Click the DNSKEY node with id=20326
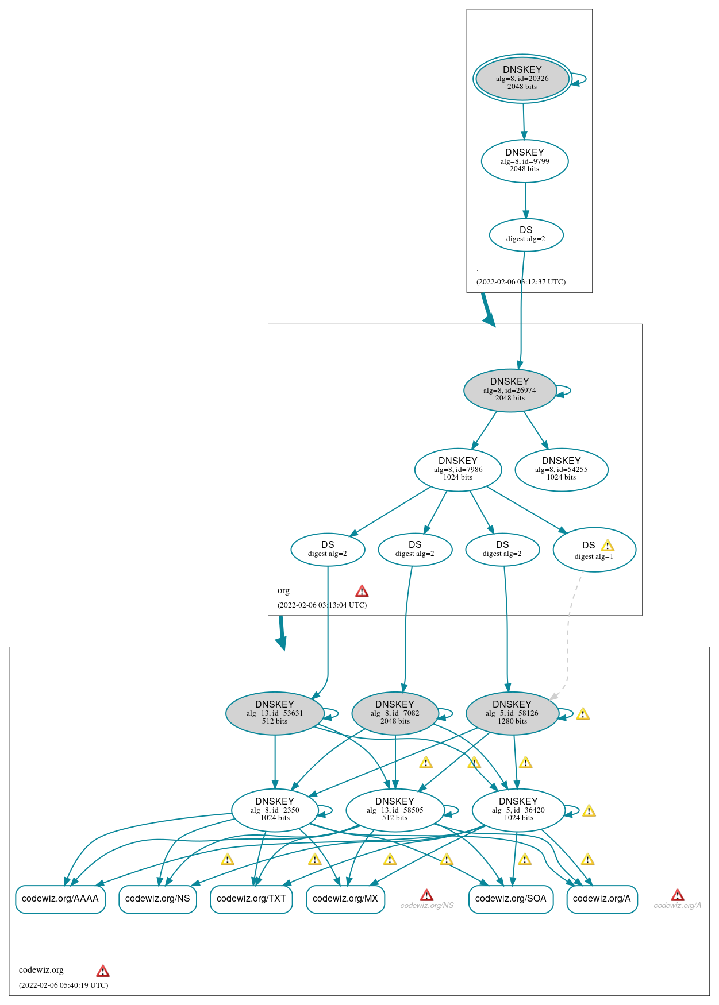[x=522, y=79]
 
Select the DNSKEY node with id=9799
[x=524, y=161]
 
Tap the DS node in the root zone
[x=526, y=235]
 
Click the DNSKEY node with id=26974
[x=509, y=391]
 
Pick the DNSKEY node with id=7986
[x=457, y=470]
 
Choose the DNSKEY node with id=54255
[x=561, y=470]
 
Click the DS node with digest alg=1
[x=594, y=550]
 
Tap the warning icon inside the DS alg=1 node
[x=608, y=546]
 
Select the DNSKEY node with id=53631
[x=275, y=713]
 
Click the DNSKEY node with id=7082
[x=395, y=713]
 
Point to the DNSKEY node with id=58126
[x=512, y=713]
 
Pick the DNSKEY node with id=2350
[x=275, y=810]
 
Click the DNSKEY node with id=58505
[x=395, y=810]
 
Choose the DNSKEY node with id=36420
[x=518, y=810]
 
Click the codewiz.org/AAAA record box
[x=60, y=899]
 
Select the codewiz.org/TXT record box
[x=251, y=899]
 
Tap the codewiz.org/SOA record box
[x=510, y=899]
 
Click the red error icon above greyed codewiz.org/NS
[x=426, y=895]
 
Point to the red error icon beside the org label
[x=362, y=591]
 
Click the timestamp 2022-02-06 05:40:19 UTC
[x=63, y=985]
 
